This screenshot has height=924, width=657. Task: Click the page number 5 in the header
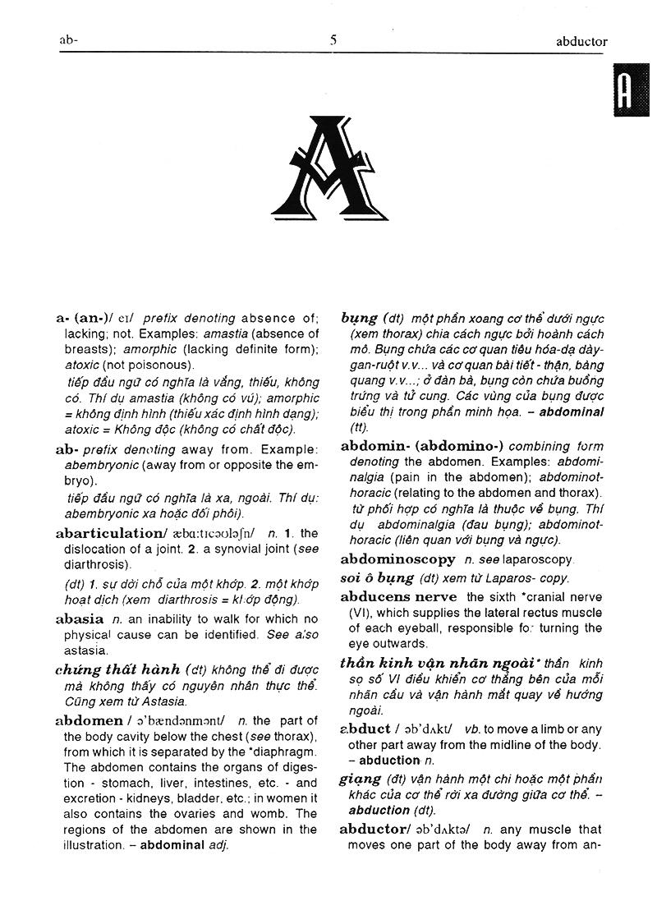(x=333, y=39)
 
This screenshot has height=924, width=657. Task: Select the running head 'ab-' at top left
(x=68, y=40)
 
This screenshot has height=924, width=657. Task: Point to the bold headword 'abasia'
(x=80, y=619)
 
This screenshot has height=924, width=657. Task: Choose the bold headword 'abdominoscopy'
(x=397, y=559)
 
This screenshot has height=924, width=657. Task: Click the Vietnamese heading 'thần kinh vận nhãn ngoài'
(x=440, y=663)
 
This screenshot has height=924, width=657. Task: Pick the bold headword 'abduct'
(x=365, y=729)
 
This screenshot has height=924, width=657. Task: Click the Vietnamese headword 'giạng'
(x=360, y=779)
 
